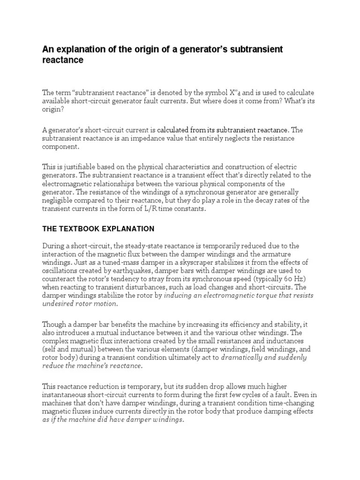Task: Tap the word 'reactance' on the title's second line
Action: click(x=63, y=60)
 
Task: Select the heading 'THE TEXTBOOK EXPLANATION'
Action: click(x=98, y=229)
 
